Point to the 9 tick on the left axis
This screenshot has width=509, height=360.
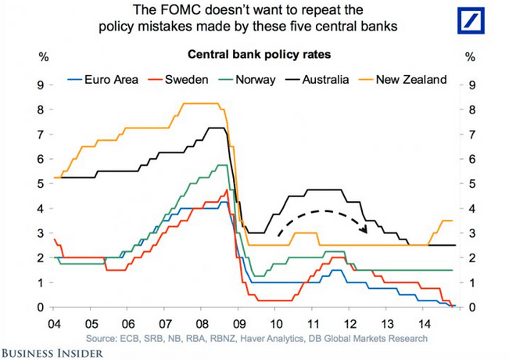[41, 85]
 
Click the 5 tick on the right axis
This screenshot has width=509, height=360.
[470, 184]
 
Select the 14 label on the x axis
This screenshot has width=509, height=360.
[424, 322]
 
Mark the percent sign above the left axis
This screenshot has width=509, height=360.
[40, 56]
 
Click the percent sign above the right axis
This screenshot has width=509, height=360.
[470, 56]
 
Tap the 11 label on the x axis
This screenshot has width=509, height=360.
[312, 322]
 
